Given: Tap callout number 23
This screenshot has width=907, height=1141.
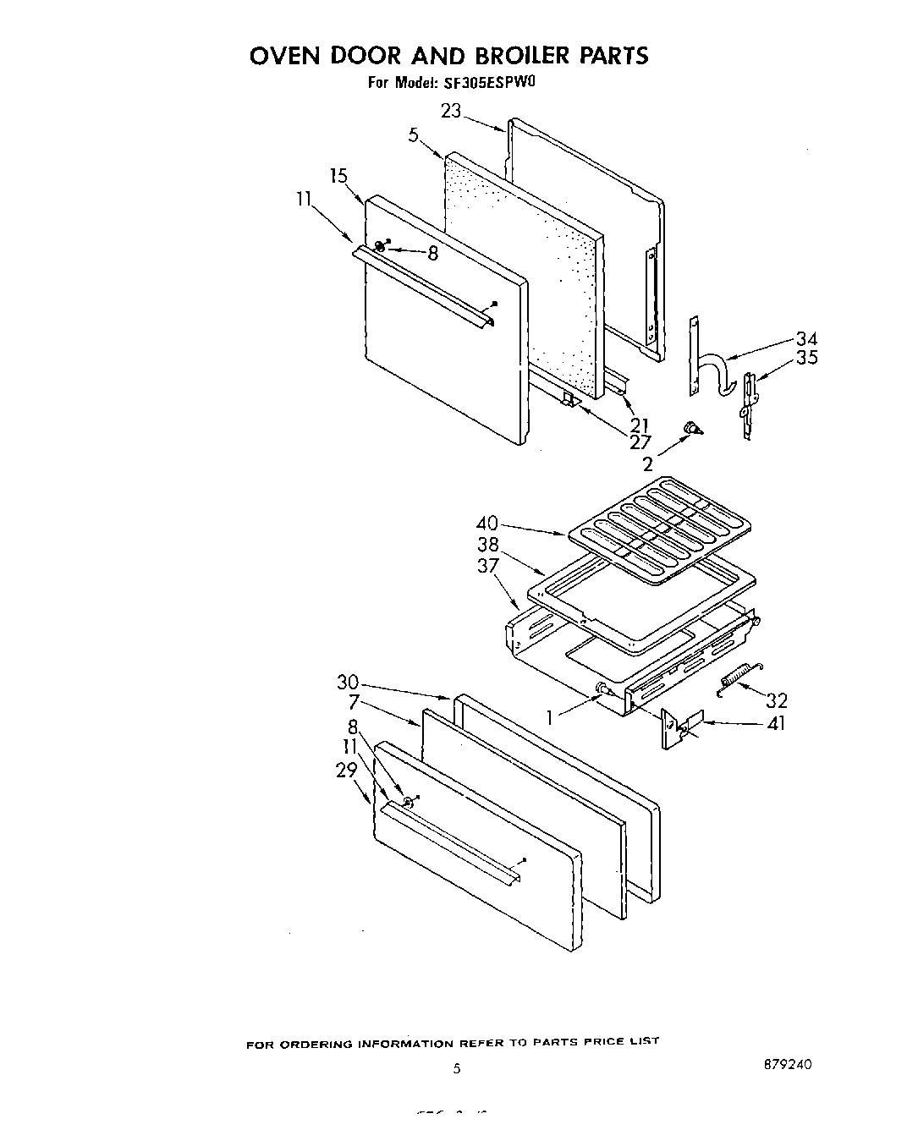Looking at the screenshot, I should (451, 111).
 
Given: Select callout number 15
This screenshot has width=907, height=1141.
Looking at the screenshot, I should (338, 176).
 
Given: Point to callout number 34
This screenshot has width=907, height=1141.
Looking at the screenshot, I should (805, 339).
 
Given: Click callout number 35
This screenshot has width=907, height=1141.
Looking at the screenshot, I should (807, 358).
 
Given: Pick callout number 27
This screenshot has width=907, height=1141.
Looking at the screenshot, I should (640, 441).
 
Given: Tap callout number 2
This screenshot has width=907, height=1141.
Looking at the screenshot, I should (648, 464).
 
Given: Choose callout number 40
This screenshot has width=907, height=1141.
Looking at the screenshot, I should (487, 523).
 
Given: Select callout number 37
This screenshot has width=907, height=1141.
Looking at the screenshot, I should (487, 566).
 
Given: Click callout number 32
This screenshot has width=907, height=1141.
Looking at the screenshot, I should (777, 699).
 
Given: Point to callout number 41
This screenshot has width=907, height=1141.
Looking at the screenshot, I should (775, 724).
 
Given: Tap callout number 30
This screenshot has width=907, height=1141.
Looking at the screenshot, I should (349, 682).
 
